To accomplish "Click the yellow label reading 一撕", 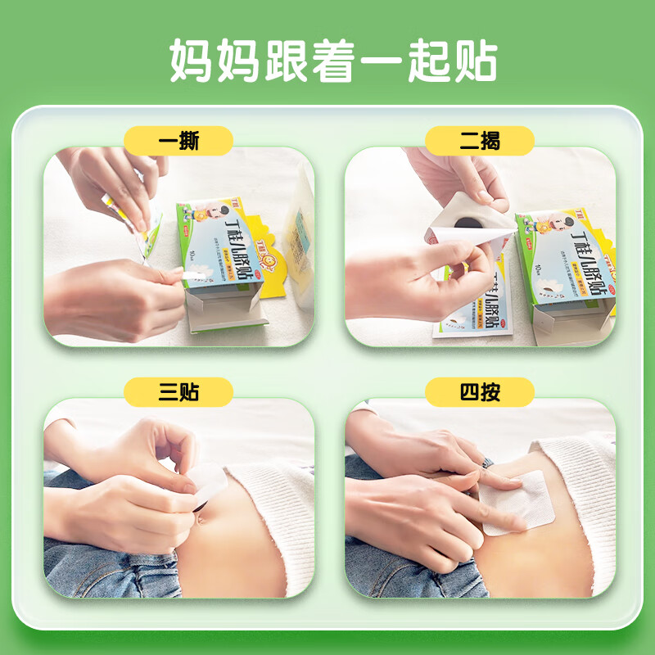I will click(x=178, y=142).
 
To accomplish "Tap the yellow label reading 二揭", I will click(x=479, y=142).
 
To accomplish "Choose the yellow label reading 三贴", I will click(x=178, y=394).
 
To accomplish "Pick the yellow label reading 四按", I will click(x=479, y=394).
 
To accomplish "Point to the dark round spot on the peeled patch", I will click(x=463, y=222).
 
